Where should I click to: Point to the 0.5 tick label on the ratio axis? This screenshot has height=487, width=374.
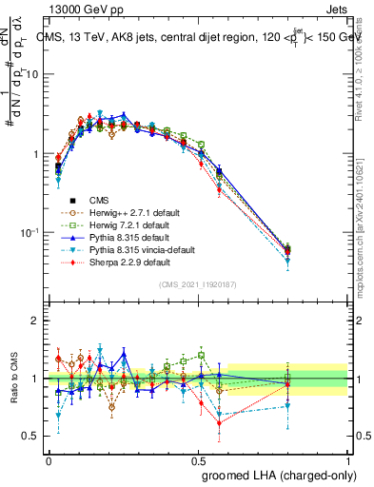coord(30,436)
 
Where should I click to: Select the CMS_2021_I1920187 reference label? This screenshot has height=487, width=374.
coord(197,285)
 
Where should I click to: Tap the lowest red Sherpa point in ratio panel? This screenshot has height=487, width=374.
coord(220,423)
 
